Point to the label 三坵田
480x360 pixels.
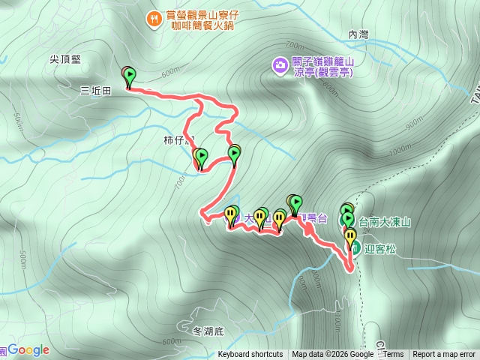(x=95, y=90)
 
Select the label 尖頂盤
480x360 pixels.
(x=65, y=58)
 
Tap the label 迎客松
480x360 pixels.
(x=380, y=249)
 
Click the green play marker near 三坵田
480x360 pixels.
(x=130, y=76)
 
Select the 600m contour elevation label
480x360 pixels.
(x=170, y=71)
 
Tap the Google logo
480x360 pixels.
(x=28, y=350)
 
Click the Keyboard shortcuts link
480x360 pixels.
(x=250, y=355)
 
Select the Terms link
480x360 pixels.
(x=393, y=355)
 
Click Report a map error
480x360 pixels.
(x=444, y=355)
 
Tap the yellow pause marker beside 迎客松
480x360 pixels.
(x=350, y=236)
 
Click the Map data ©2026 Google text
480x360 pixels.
(x=332, y=355)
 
